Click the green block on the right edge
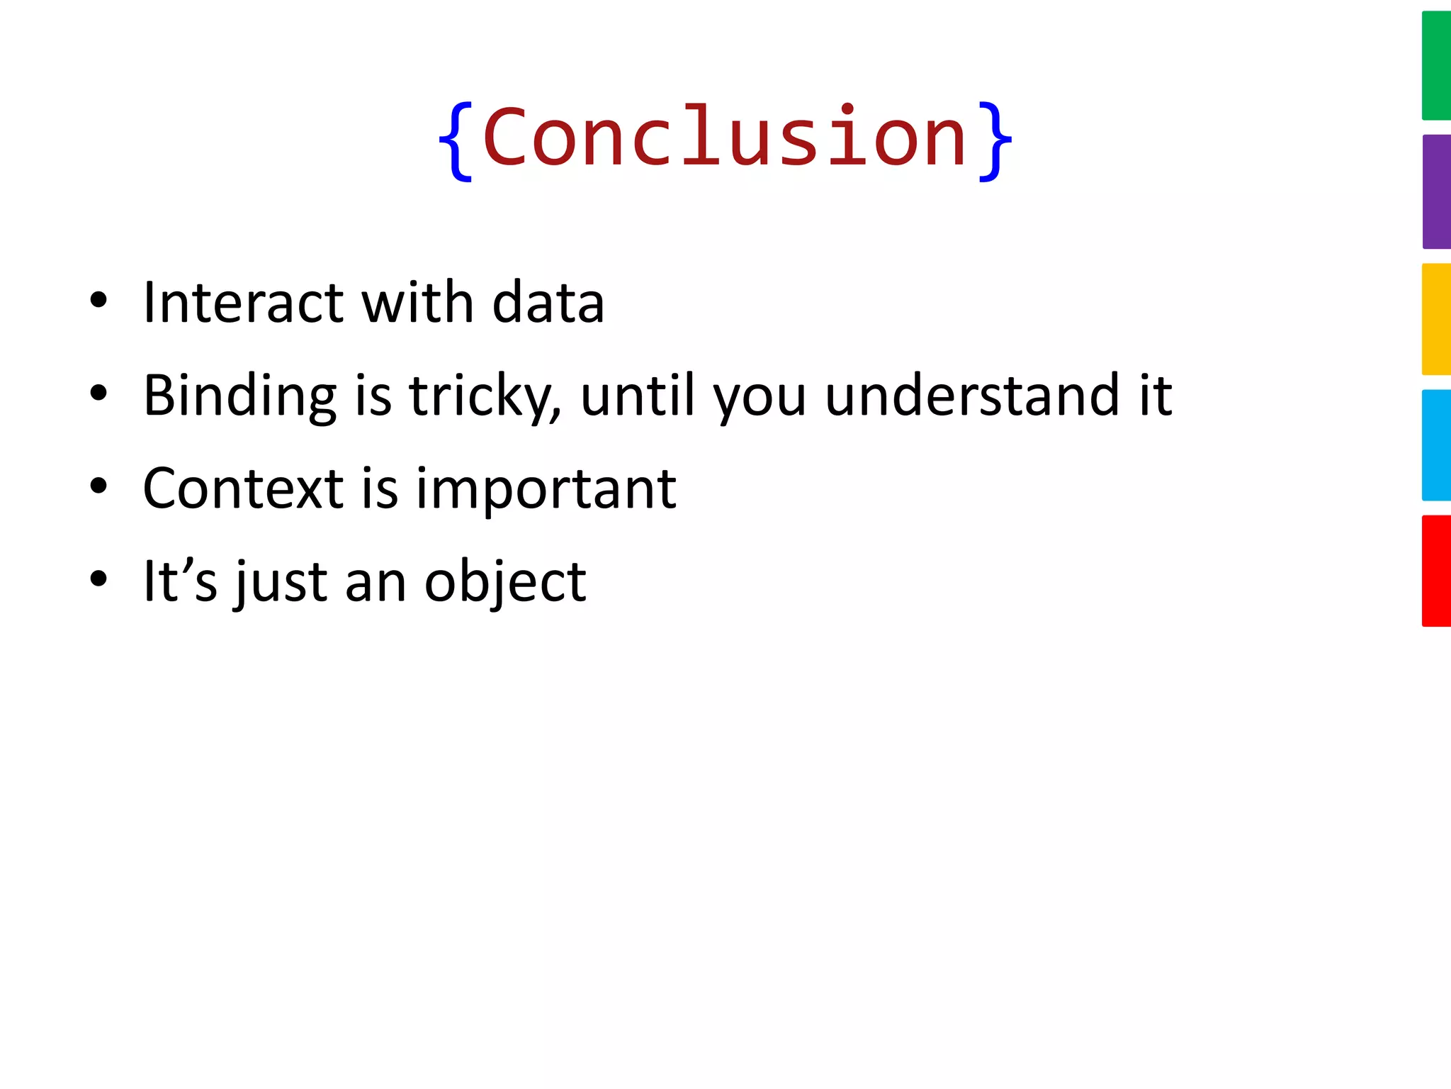[1436, 65]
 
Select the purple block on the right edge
[1436, 191]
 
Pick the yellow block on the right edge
[1436, 319]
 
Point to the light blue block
[1436, 445]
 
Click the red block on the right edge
[1436, 571]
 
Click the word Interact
[243, 303]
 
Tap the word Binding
[239, 396]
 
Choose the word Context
[243, 488]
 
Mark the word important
[546, 490]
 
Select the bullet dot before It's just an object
[98, 579]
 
